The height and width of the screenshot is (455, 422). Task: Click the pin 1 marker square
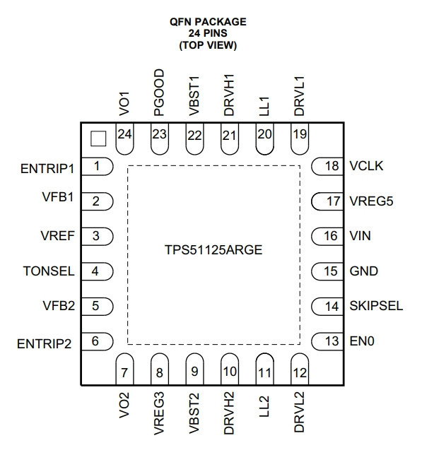pos(98,138)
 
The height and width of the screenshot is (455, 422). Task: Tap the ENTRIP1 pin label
pos(47,169)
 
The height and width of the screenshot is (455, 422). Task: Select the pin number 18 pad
pos(327,166)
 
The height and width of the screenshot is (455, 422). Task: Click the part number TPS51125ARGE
pos(213,250)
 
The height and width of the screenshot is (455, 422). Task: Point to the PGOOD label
pos(159,93)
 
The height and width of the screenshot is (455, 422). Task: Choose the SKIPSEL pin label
pos(376,306)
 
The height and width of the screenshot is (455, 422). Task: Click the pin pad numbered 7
pos(124,369)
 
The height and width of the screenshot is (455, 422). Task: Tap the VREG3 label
pos(159,413)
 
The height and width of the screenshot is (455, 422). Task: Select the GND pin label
pos(363,271)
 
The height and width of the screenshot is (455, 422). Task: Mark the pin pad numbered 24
pos(124,138)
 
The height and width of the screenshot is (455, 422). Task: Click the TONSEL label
pos(49,271)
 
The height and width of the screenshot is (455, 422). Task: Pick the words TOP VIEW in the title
pos(208,45)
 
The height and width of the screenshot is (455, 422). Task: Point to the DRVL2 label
pos(299,412)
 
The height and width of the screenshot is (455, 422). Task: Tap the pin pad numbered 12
pos(300,369)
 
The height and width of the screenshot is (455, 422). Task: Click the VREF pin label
pos(57,236)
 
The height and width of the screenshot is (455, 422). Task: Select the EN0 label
pos(362,341)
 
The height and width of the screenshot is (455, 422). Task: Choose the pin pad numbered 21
pos(230,138)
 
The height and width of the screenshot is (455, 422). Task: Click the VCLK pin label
pos(366,166)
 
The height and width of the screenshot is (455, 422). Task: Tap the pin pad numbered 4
pos(97,271)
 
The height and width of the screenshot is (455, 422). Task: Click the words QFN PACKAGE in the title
pos(208,22)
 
